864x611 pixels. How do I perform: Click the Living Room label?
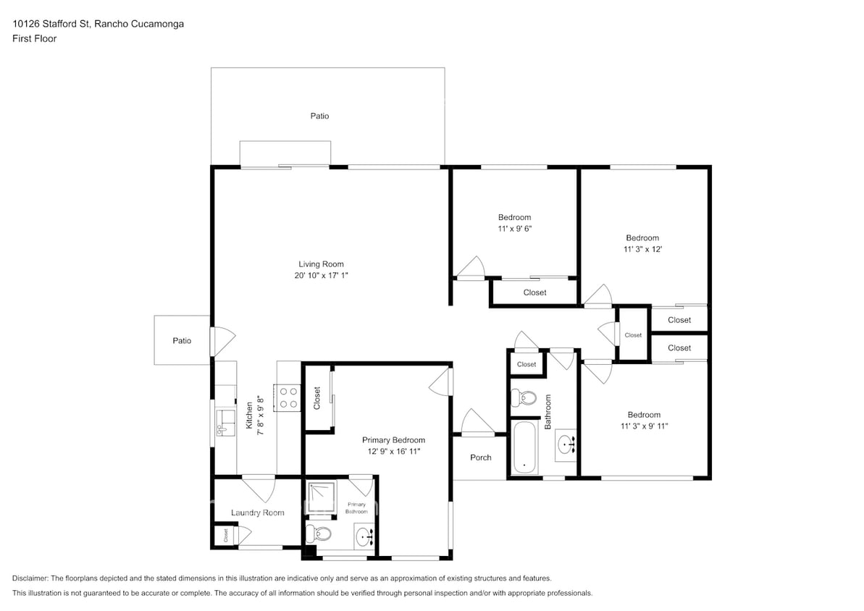point(321,264)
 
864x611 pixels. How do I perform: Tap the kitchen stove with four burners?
point(289,397)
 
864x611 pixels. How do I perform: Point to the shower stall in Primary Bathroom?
point(320,499)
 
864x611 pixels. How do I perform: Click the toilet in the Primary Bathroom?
point(319,534)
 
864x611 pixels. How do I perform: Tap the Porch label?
point(480,458)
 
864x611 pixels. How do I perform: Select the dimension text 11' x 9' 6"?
point(514,228)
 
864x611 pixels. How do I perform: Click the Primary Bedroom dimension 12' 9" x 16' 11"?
point(393,451)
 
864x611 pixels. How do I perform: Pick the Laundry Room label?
point(257,513)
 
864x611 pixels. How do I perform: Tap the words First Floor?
point(34,39)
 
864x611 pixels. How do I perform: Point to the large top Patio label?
point(319,116)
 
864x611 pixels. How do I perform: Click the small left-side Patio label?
point(182,340)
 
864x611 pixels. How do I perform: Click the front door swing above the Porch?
point(476,423)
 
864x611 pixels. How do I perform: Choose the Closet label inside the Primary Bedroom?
point(316,398)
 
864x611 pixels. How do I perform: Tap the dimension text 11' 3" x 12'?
point(642,249)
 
